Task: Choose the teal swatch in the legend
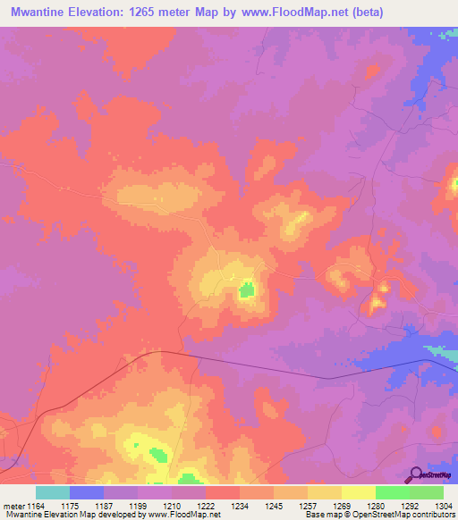pyautogui.click(x=53, y=492)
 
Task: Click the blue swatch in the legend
pyautogui.click(x=87, y=492)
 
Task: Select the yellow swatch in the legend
pyautogui.click(x=359, y=492)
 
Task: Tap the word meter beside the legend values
pyautogui.click(x=13, y=506)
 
